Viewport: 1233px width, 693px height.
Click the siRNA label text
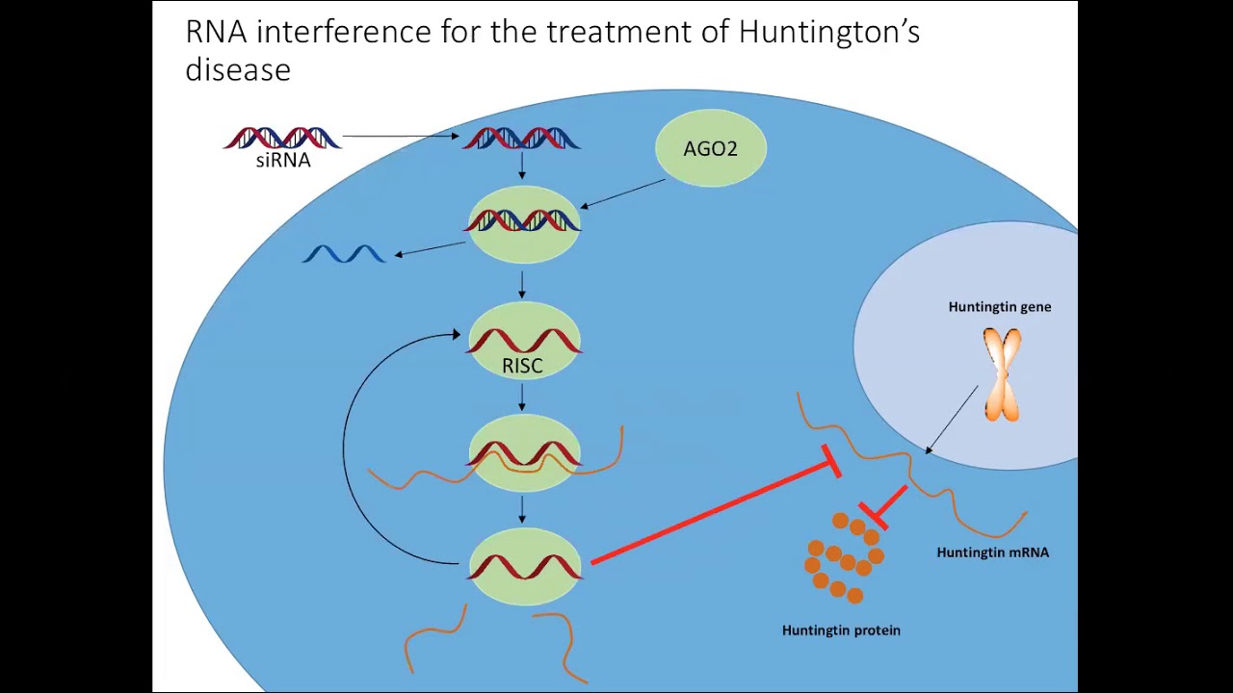coord(283,162)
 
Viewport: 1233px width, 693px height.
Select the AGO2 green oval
coord(711,148)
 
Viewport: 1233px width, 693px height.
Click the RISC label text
coord(522,366)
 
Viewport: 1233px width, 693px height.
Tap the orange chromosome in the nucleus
coord(1002,374)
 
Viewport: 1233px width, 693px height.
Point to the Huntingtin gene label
coord(999,307)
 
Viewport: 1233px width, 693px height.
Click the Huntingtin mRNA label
coord(992,552)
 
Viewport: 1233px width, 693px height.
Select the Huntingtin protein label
coord(841,630)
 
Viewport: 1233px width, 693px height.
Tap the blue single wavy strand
coord(344,254)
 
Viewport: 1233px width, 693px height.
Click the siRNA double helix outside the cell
coord(282,138)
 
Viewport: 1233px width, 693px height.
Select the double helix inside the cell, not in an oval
coord(521,139)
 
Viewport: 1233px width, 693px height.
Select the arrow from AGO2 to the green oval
coord(623,192)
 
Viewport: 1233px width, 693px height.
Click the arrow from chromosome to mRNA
coord(952,419)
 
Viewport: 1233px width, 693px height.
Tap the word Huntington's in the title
coord(828,32)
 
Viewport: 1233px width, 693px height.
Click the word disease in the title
coord(238,69)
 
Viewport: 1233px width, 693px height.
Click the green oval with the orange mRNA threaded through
coord(523,452)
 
